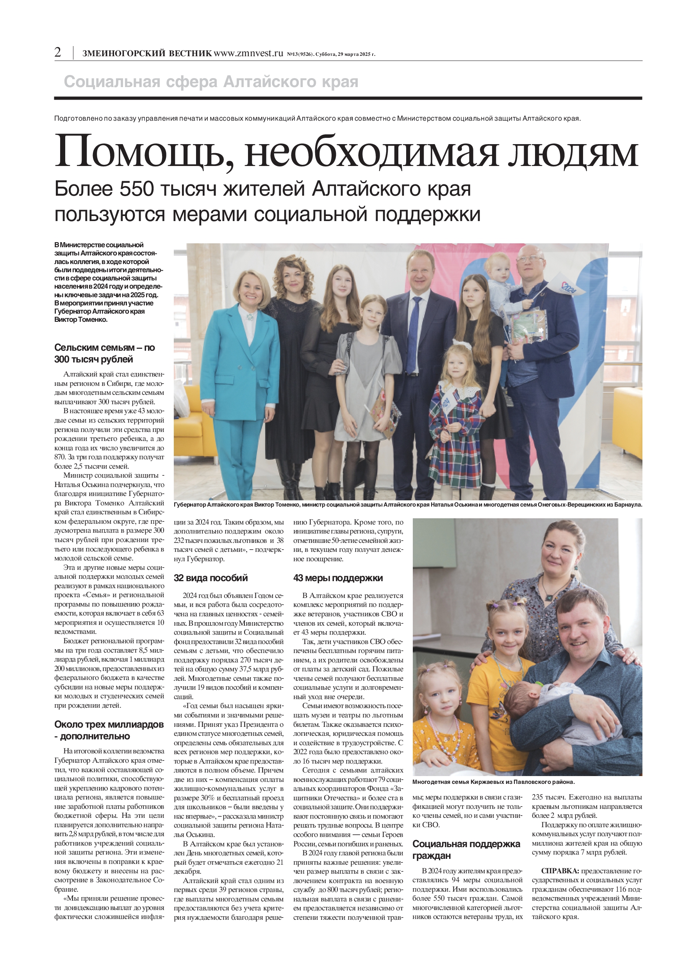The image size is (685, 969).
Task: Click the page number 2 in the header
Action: (58, 52)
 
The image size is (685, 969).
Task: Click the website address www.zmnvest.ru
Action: (248, 53)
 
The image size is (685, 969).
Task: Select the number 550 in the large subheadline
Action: (136, 189)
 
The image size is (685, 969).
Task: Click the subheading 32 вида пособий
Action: (210, 578)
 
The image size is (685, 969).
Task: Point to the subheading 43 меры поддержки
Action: (338, 578)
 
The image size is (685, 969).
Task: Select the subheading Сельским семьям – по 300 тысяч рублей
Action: (104, 353)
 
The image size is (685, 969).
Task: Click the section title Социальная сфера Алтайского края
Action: (210, 82)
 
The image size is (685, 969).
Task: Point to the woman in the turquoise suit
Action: (240, 371)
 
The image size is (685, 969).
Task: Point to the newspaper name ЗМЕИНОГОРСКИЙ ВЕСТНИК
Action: (147, 54)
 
